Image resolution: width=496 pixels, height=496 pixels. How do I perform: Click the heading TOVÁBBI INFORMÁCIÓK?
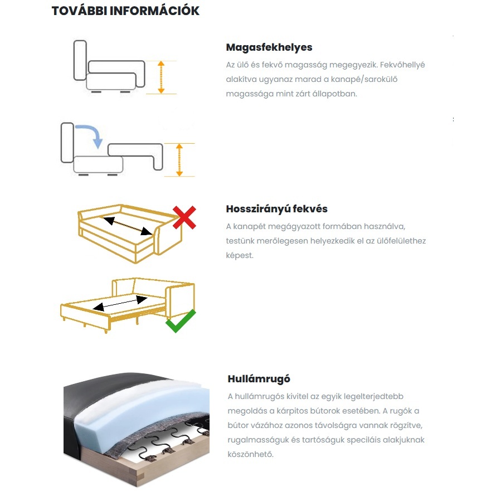(x=125, y=11)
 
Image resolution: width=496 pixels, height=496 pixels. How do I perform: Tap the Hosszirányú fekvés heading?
(x=276, y=209)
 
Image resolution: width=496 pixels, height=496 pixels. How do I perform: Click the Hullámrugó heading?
(x=259, y=379)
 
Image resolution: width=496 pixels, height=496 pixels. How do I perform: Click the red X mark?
(x=183, y=217)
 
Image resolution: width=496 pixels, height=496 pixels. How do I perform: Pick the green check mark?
(x=181, y=321)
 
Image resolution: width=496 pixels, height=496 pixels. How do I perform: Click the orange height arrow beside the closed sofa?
(x=161, y=77)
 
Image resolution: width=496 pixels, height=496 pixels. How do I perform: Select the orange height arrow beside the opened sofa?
(x=179, y=160)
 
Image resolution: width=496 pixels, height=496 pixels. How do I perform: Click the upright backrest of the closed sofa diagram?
(x=80, y=61)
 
